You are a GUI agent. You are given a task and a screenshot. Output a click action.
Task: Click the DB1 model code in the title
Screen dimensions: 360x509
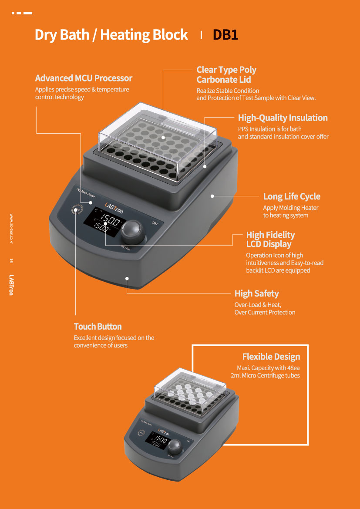[x=225, y=35]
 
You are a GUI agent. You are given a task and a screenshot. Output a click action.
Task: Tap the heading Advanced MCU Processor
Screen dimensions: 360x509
[x=84, y=78]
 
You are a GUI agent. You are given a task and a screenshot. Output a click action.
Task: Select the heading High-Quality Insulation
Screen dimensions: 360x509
[x=283, y=118]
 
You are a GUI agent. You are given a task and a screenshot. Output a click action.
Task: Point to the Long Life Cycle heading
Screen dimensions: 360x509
[x=292, y=196]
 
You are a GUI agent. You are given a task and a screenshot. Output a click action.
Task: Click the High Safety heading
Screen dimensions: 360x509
[x=256, y=293]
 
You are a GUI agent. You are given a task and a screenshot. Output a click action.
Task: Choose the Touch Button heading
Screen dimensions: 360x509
[x=98, y=326]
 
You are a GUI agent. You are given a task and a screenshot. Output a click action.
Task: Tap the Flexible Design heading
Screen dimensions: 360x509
[x=271, y=357]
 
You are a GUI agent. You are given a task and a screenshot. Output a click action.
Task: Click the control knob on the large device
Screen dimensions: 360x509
[x=131, y=231]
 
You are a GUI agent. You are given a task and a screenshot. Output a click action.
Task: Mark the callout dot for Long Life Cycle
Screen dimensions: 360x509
[x=212, y=196]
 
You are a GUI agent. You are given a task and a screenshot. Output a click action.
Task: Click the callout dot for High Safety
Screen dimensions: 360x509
[x=127, y=278]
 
